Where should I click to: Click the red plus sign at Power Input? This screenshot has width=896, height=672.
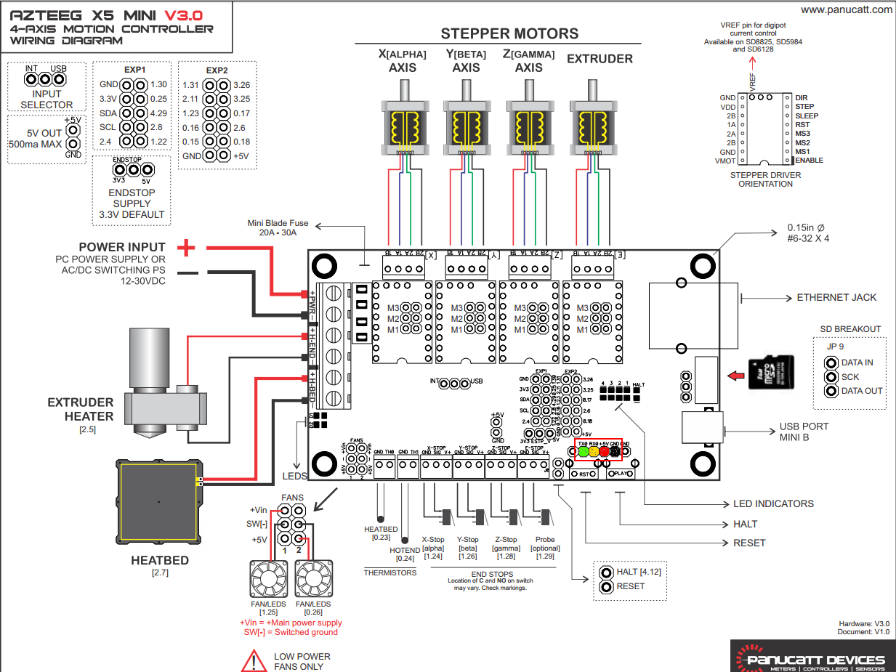click(x=187, y=248)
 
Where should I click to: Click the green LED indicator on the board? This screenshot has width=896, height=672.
click(x=583, y=451)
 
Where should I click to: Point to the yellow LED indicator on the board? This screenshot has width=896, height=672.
click(x=594, y=451)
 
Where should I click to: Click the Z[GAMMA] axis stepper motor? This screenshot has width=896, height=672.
click(x=528, y=124)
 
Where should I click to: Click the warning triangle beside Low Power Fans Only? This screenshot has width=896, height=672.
click(x=254, y=660)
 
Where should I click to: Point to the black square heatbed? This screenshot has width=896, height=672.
click(x=158, y=502)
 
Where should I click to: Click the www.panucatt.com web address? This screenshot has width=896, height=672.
click(x=847, y=9)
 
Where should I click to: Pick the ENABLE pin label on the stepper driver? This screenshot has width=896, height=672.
click(x=810, y=160)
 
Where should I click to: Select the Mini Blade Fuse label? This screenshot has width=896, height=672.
click(x=278, y=228)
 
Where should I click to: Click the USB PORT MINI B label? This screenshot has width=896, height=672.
click(x=804, y=432)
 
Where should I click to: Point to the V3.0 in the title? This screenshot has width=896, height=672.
click(x=184, y=14)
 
